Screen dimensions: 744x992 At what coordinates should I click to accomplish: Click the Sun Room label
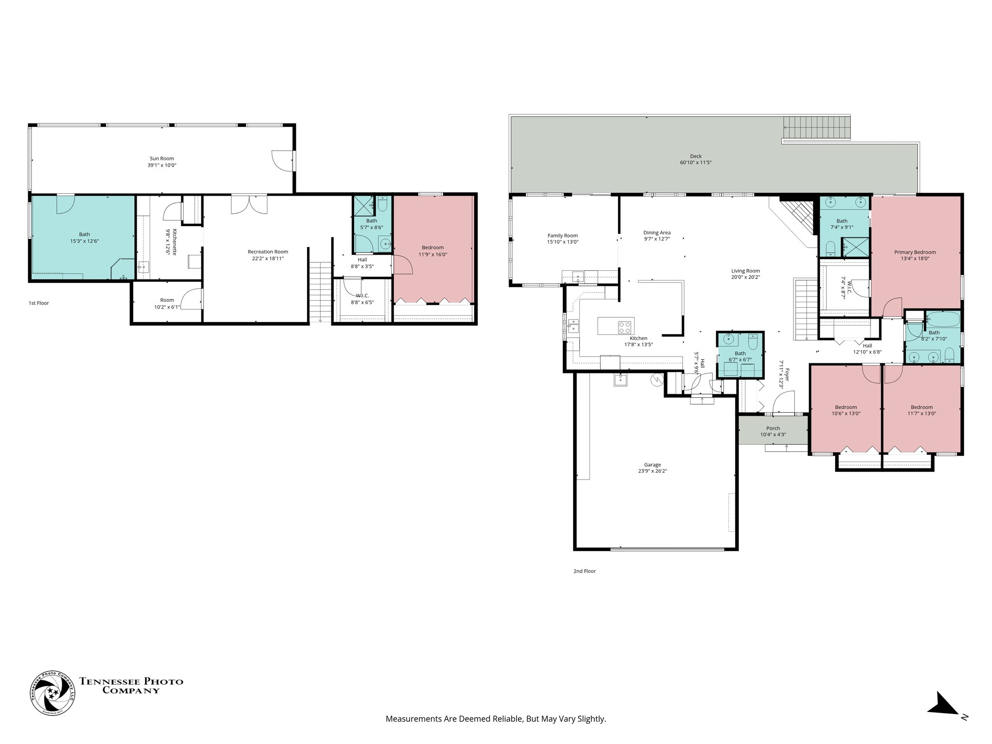(x=161, y=158)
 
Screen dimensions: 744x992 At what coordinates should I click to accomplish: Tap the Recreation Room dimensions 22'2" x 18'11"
(x=267, y=258)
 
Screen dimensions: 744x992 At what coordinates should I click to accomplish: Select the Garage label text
(x=652, y=465)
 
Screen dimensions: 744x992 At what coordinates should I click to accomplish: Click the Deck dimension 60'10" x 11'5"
(x=696, y=163)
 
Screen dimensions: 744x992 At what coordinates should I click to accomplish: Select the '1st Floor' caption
(x=39, y=303)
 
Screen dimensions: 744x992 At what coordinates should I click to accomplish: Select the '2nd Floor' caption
(x=584, y=571)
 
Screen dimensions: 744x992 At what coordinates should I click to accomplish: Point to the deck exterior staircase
(x=817, y=128)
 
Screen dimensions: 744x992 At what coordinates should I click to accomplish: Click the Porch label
(x=773, y=428)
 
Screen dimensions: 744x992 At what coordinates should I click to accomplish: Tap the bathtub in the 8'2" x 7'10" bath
(x=943, y=320)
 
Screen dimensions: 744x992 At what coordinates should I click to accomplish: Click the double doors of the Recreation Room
(x=248, y=204)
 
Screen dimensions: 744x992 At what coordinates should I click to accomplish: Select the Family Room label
(x=562, y=235)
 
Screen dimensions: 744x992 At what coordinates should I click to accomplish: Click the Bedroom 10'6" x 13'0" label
(x=846, y=407)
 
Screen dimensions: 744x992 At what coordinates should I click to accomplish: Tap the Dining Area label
(x=657, y=232)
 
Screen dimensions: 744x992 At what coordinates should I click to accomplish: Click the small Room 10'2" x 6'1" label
(x=167, y=300)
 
